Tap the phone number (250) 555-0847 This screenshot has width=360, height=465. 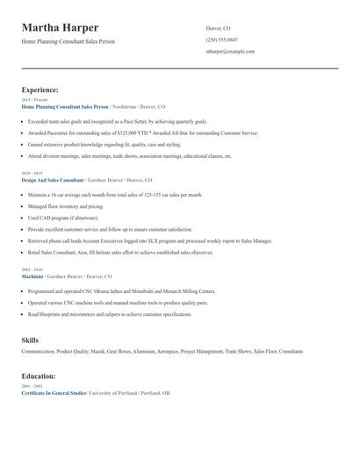(x=221, y=39)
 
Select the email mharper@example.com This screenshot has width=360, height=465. (x=230, y=51)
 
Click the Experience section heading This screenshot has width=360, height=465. (x=40, y=89)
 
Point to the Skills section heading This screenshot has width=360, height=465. (x=30, y=339)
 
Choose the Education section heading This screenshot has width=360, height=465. (x=39, y=376)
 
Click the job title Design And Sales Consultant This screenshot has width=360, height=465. (x=52, y=180)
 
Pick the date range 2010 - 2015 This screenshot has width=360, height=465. (x=32, y=174)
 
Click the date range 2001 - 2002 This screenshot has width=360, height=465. (x=32, y=386)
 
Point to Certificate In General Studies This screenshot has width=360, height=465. (x=54, y=393)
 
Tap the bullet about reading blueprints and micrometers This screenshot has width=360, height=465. (x=110, y=313)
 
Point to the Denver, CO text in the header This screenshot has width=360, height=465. (x=219, y=27)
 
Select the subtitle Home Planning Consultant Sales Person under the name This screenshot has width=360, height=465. (x=68, y=41)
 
